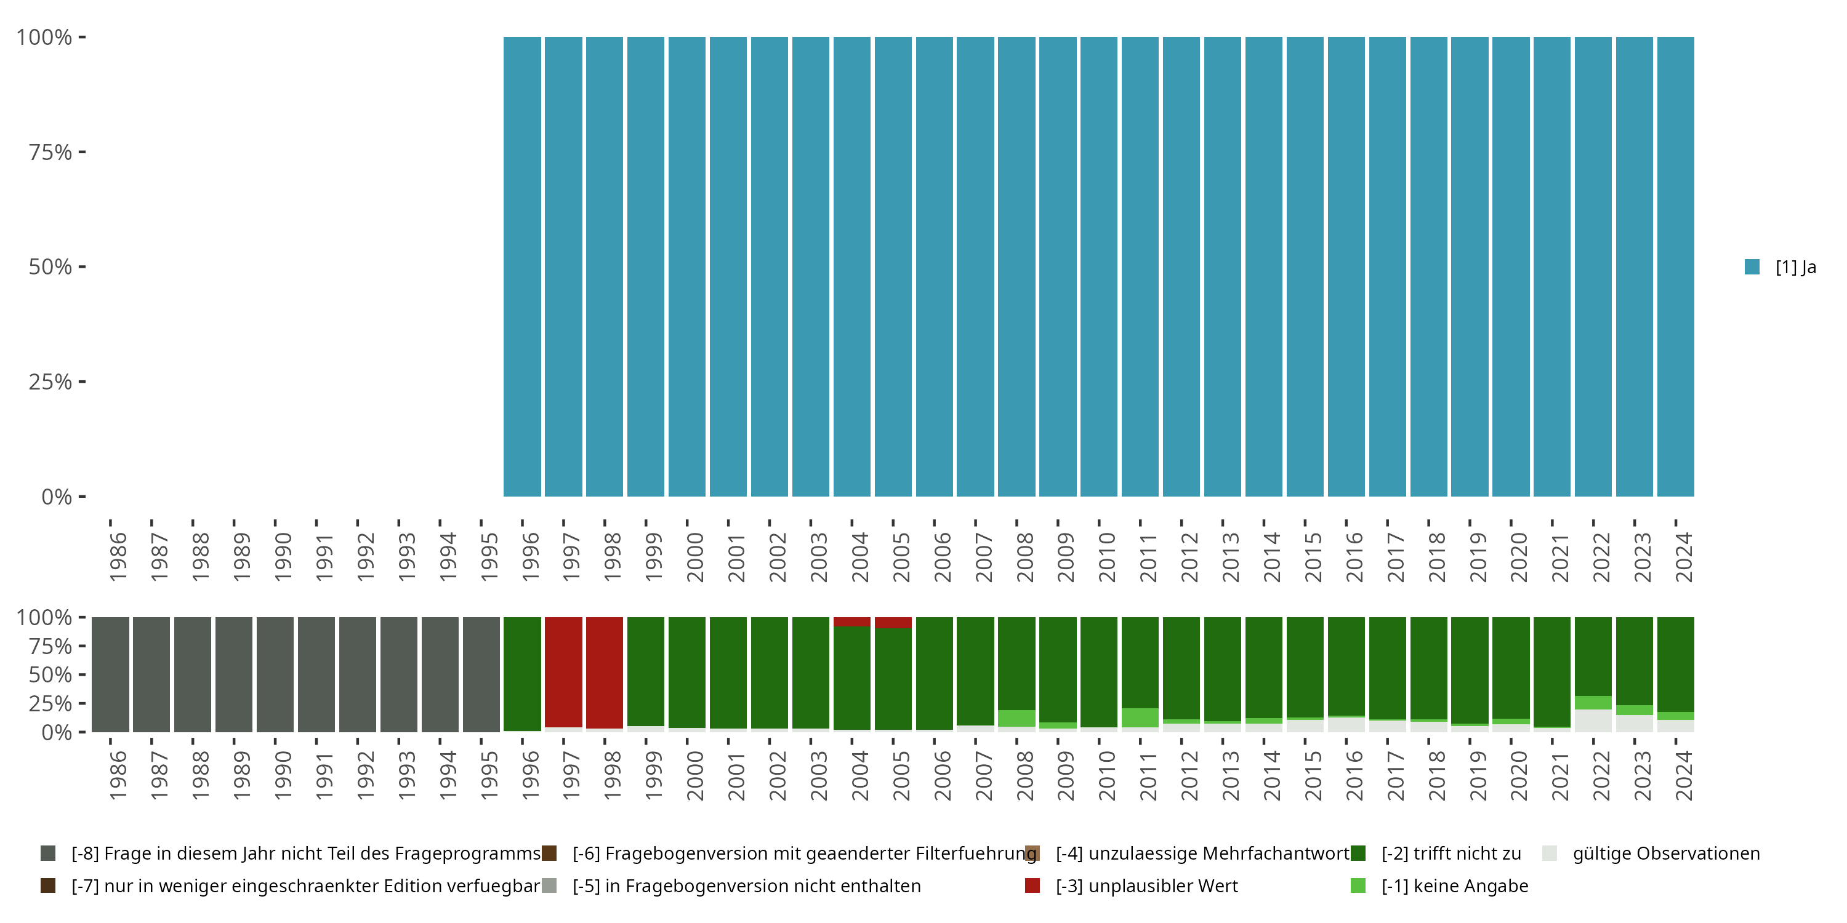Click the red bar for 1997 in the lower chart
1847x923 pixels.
(563, 671)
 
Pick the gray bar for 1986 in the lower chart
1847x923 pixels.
(110, 674)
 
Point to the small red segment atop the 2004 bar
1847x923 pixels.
(852, 621)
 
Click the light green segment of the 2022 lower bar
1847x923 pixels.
(1593, 702)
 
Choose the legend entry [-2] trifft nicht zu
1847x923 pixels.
(1451, 853)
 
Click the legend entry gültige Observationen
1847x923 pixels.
(1665, 853)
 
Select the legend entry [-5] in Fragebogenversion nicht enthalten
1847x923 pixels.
(746, 885)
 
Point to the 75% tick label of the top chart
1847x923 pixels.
(50, 152)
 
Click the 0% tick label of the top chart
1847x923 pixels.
(57, 497)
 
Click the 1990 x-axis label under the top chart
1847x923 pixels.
(283, 557)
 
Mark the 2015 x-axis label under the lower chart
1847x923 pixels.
(1312, 775)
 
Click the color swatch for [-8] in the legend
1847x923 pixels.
(48, 853)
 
